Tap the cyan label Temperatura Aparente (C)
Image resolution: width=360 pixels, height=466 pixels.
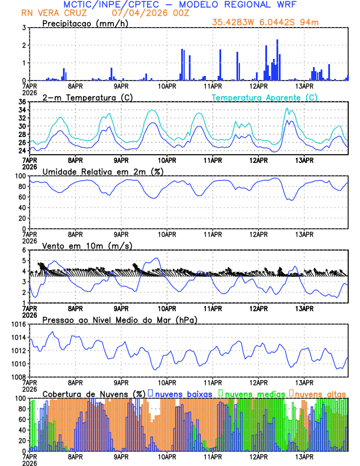point(264,97)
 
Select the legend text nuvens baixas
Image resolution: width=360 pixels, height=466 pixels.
point(184,393)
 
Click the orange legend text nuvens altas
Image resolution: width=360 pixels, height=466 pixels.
point(321,393)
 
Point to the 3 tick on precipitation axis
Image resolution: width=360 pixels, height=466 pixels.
point(24,28)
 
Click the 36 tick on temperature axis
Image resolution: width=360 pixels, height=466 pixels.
point(22,102)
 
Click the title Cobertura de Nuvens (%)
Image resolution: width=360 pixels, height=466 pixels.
point(94,393)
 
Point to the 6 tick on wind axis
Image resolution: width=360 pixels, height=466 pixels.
point(24,251)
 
